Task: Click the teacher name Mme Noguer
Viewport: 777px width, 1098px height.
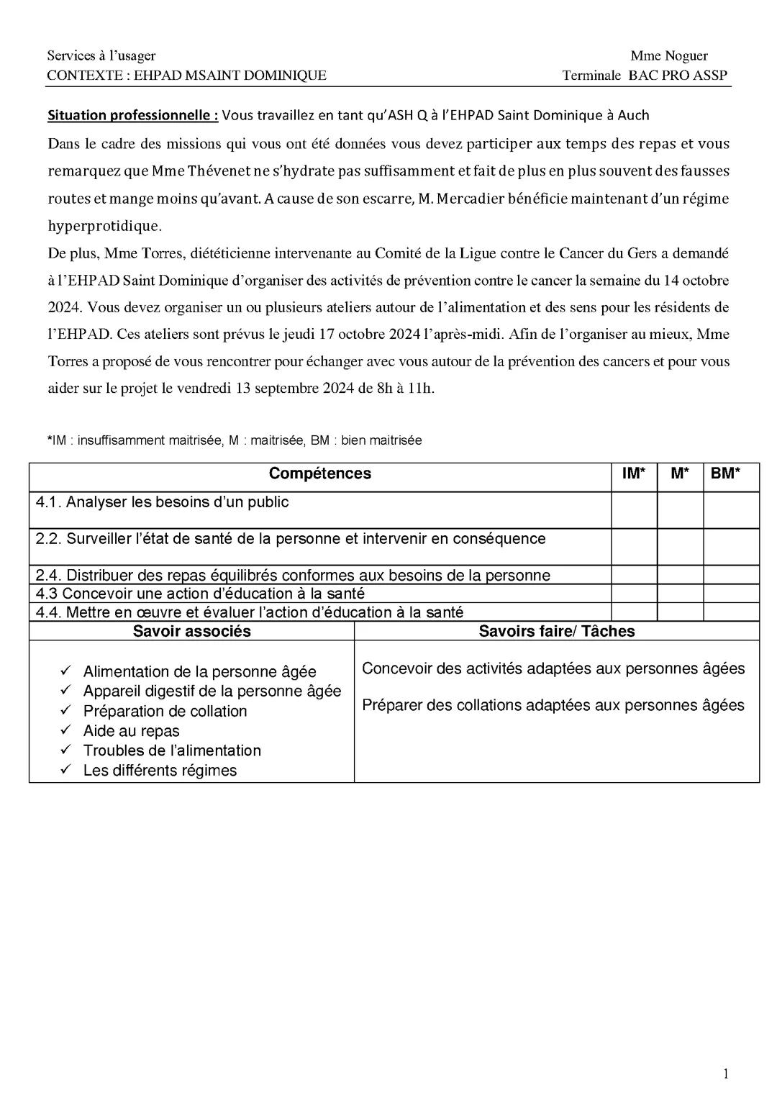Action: click(x=668, y=56)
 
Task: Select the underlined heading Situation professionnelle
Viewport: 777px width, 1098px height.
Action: click(x=132, y=115)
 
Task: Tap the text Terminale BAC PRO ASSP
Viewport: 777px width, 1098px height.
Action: click(x=645, y=76)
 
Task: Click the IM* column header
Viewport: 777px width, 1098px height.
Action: click(x=634, y=473)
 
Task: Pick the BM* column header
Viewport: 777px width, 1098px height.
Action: click(x=725, y=473)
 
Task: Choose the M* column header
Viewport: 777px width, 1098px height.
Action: click(x=680, y=473)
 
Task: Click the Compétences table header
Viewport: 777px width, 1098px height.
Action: click(x=319, y=473)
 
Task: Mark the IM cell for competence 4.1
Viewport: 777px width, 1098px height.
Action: click(x=634, y=510)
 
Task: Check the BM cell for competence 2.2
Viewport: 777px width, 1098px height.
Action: click(x=731, y=547)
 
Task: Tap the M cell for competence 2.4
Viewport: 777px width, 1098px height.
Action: click(x=680, y=575)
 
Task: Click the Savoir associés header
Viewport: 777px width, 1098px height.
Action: click(x=191, y=632)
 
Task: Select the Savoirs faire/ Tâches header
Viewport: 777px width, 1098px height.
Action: click(x=556, y=632)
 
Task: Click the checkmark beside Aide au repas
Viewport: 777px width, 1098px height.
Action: click(x=65, y=730)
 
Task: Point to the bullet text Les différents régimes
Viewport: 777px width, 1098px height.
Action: click(x=160, y=771)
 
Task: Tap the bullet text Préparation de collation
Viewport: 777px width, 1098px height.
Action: click(x=165, y=712)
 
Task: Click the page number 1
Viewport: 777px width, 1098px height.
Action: click(x=725, y=1074)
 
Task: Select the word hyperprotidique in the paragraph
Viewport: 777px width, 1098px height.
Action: click(x=104, y=226)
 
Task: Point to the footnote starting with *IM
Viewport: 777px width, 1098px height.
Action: click(x=235, y=440)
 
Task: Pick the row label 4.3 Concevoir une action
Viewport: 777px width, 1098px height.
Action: click(x=200, y=594)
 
